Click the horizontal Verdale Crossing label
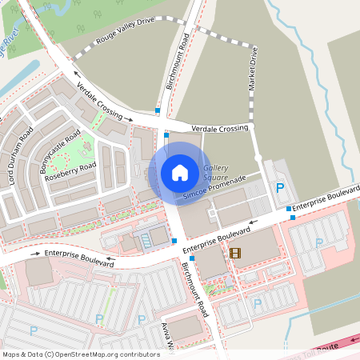(x=220, y=128)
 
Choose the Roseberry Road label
(x=70, y=170)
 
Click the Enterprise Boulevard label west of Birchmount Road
(x=80, y=258)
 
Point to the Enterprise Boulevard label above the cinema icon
(x=217, y=238)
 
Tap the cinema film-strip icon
(x=234, y=253)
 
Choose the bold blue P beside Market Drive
(x=279, y=189)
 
